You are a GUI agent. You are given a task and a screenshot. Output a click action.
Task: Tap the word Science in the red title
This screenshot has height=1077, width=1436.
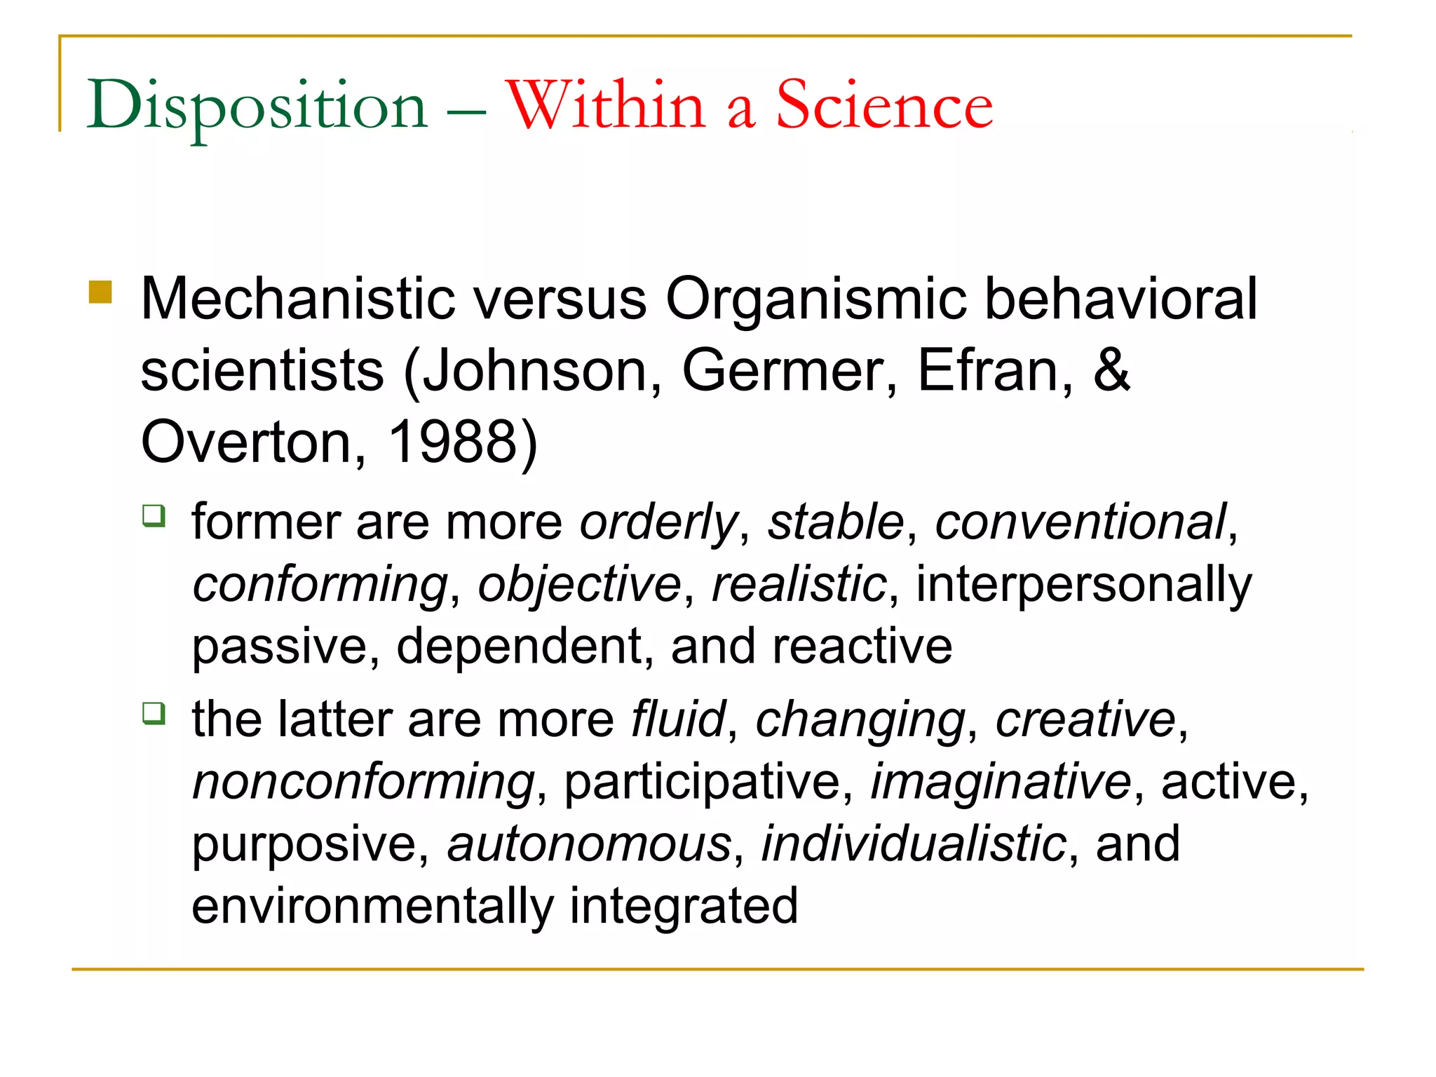click(x=884, y=105)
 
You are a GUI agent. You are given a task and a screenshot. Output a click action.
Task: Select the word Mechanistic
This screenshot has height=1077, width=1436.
click(x=298, y=299)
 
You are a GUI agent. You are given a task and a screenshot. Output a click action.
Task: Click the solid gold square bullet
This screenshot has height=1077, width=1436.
click(x=101, y=292)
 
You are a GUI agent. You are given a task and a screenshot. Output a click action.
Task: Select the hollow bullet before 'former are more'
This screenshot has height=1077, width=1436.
click(x=154, y=516)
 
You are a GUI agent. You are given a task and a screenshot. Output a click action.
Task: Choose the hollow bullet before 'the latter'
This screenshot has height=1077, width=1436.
click(x=154, y=714)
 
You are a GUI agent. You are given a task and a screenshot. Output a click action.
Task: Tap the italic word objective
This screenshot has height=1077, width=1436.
click(x=579, y=584)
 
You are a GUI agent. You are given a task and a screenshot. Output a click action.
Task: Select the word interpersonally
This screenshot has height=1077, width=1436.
click(x=1083, y=584)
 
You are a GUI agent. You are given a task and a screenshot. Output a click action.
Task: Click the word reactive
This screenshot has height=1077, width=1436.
click(x=862, y=646)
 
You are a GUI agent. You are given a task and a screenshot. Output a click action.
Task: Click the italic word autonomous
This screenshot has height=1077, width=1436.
click(x=590, y=844)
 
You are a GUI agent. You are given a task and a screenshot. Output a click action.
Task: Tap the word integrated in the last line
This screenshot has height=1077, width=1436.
click(x=684, y=905)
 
